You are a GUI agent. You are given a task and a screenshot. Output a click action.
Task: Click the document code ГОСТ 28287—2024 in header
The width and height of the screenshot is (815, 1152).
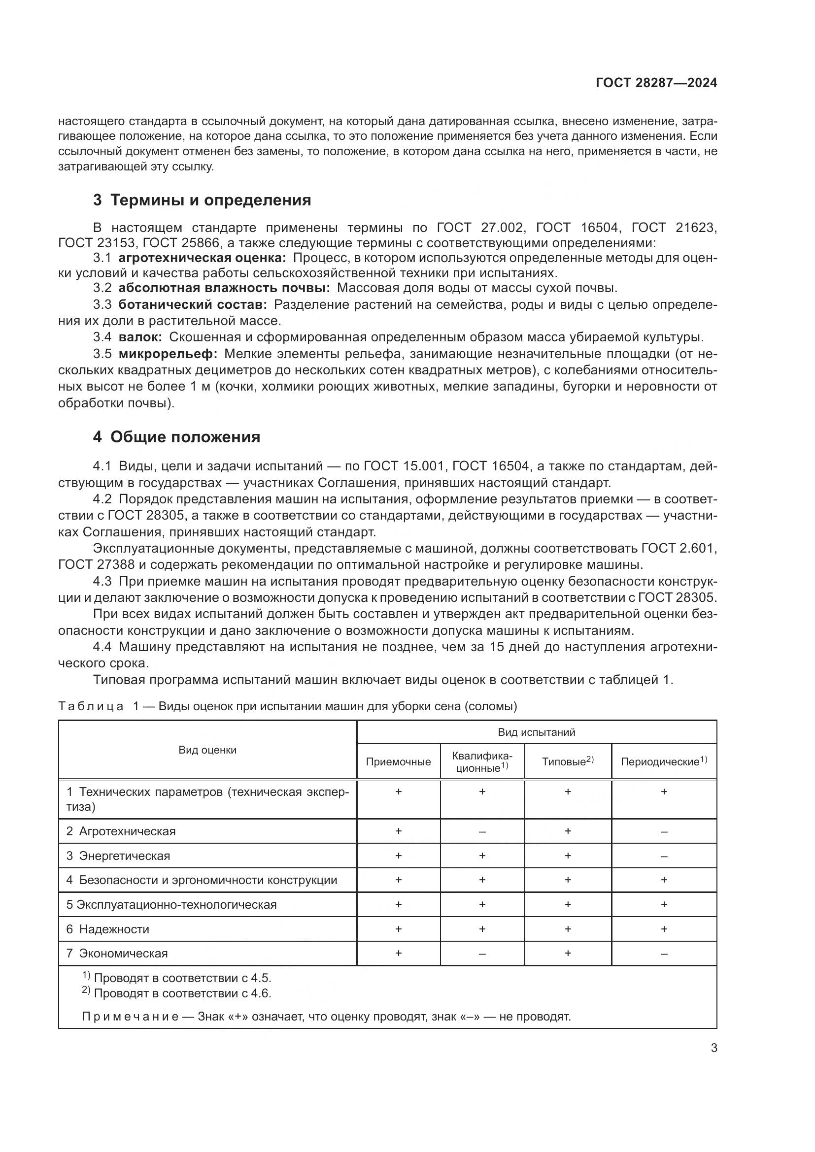tap(656, 83)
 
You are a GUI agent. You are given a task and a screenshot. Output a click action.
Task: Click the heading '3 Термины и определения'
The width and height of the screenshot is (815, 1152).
tap(202, 200)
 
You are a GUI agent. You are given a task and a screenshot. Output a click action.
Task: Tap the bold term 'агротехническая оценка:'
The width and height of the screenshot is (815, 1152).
tap(202, 259)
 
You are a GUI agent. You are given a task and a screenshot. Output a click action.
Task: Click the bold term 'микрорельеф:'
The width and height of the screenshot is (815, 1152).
tap(168, 354)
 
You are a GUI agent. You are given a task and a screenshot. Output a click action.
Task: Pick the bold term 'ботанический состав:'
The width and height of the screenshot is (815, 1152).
tap(193, 304)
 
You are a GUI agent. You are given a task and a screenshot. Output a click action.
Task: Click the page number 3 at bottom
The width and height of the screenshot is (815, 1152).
tap(713, 1048)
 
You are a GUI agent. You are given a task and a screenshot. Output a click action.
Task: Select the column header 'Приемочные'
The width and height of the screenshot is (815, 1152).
tap(398, 761)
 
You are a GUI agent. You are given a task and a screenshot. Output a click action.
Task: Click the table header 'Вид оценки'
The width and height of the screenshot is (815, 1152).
tap(207, 750)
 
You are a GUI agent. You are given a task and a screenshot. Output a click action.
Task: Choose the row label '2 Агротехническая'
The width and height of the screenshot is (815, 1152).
tap(121, 831)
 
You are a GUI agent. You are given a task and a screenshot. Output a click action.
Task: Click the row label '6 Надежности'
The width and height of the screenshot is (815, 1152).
tap(108, 929)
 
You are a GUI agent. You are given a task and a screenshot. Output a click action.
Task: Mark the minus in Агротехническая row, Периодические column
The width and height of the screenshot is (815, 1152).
tap(664, 831)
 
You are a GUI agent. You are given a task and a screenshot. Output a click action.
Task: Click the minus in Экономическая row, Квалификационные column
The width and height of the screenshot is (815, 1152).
tap(482, 954)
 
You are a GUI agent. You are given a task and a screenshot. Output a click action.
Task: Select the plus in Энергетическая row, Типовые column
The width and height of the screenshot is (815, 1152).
tap(568, 856)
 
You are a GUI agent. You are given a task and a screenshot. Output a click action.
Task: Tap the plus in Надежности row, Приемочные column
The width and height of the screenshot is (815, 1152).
tap(398, 929)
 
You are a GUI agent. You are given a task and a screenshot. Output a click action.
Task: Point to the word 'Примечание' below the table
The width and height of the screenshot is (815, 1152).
tap(130, 1017)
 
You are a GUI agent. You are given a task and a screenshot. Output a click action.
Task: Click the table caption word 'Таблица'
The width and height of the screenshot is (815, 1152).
tap(91, 706)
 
